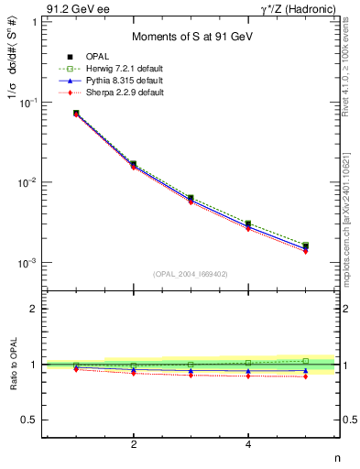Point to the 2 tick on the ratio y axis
coord(33,309)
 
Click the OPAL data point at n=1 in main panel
coord(76,114)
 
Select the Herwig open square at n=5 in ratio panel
coord(305,361)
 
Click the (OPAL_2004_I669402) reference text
coord(191,273)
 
